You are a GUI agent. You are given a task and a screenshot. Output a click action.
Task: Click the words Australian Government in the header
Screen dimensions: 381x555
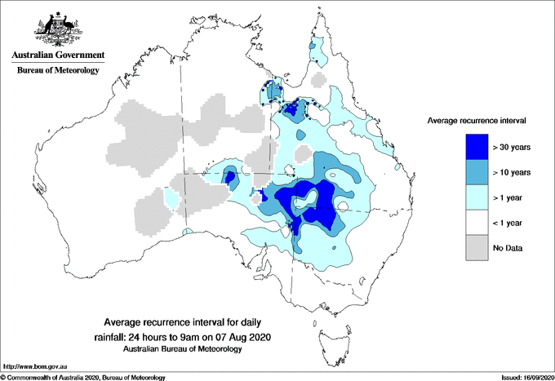pyautogui.click(x=57, y=55)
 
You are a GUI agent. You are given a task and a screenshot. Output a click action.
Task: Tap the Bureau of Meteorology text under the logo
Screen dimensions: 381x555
pyautogui.click(x=57, y=71)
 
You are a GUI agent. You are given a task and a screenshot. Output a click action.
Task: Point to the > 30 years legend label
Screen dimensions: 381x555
pyautogui.click(x=512, y=148)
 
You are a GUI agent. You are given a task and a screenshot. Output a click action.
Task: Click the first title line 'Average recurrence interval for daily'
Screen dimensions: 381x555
pyautogui.click(x=181, y=322)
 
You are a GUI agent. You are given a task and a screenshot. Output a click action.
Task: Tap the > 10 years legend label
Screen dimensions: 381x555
pyautogui.click(x=512, y=173)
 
